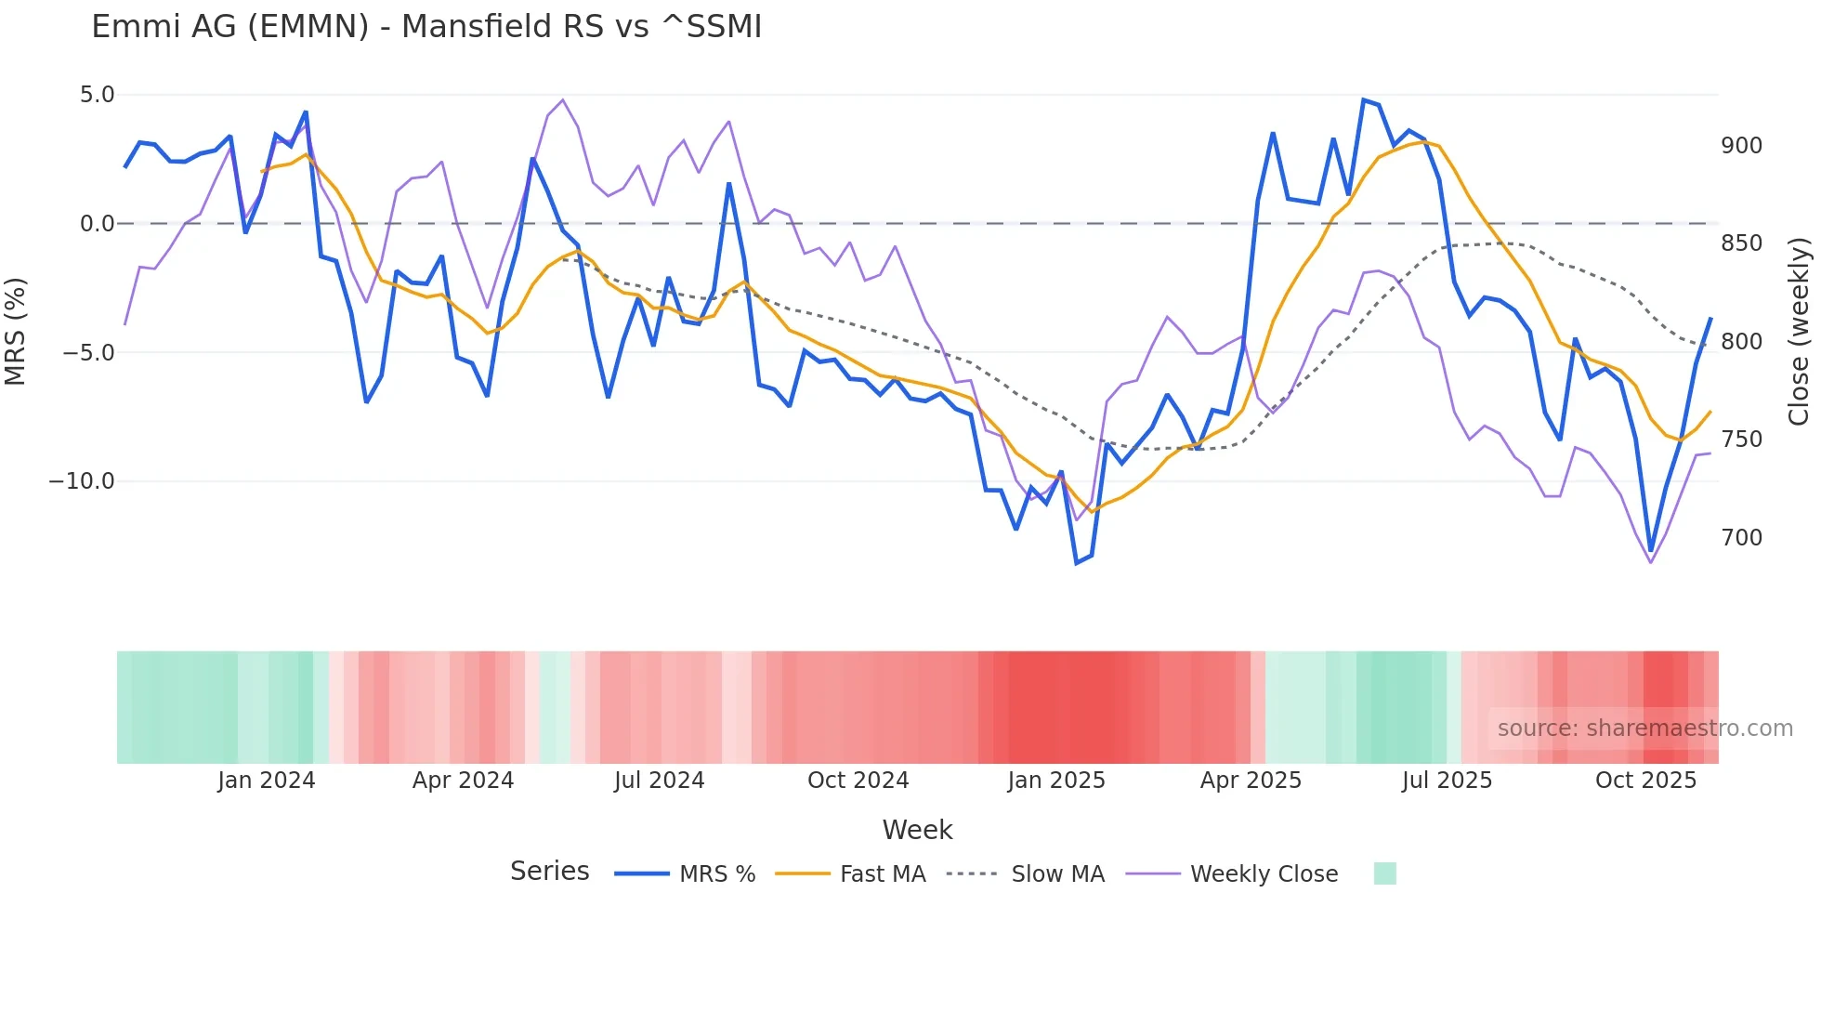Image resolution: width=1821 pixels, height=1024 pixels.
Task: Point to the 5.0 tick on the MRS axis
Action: (x=97, y=95)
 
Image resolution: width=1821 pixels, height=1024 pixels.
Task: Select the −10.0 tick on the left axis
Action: (x=82, y=481)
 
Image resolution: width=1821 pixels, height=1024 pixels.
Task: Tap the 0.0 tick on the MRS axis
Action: (x=97, y=224)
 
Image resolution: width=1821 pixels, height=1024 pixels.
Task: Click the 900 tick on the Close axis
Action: (x=1741, y=146)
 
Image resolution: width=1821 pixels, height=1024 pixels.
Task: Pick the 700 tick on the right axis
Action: (x=1741, y=538)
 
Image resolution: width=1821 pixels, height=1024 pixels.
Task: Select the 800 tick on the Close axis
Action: (x=1741, y=342)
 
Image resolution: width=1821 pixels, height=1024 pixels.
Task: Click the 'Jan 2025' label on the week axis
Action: (x=1056, y=781)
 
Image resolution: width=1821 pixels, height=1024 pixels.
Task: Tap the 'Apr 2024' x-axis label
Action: (x=463, y=781)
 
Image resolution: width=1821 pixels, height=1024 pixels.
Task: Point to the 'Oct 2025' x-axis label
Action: (x=1645, y=781)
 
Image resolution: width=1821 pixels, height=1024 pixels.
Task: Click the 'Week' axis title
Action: (x=917, y=830)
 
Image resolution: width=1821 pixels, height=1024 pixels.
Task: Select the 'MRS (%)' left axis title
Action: (x=15, y=331)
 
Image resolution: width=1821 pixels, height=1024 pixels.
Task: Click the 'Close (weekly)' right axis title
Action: (x=1799, y=331)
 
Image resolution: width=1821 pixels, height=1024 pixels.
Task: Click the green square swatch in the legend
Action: (x=1384, y=873)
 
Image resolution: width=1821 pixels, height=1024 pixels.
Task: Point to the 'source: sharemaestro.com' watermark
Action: (x=1644, y=729)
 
